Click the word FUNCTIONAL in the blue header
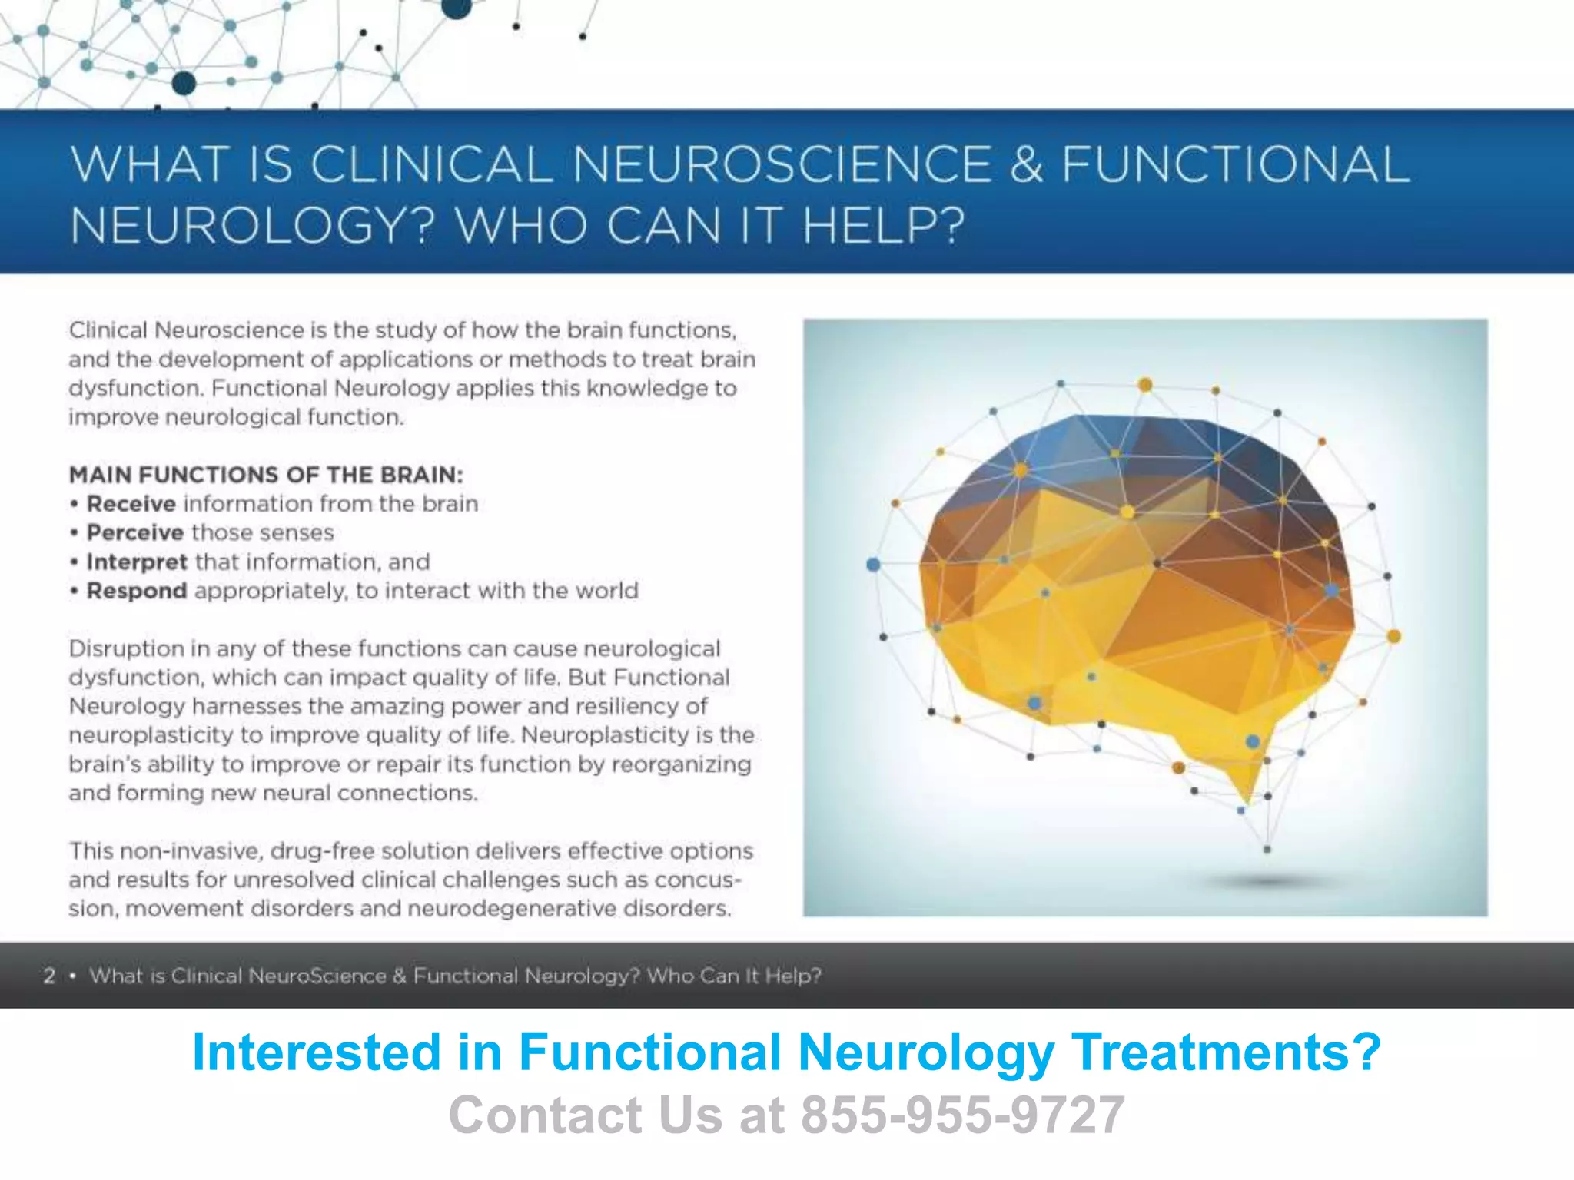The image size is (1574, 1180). [1235, 164]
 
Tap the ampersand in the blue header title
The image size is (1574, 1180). [1026, 164]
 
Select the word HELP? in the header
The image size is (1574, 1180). [883, 226]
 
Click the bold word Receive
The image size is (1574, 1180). [131, 504]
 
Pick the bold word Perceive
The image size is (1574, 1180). [134, 532]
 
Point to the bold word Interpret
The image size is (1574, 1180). [137, 562]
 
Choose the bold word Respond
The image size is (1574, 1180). [137, 591]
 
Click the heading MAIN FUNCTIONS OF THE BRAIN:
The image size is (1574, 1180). [266, 475]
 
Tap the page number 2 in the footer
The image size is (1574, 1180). [49, 976]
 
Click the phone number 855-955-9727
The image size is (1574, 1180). [963, 1115]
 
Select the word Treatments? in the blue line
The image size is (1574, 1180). [1226, 1052]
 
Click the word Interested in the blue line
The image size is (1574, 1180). [316, 1052]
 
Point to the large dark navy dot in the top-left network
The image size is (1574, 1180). [184, 83]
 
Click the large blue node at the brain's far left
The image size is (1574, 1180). [873, 565]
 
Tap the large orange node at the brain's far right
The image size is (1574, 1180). [1393, 636]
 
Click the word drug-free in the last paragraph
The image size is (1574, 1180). [323, 851]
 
